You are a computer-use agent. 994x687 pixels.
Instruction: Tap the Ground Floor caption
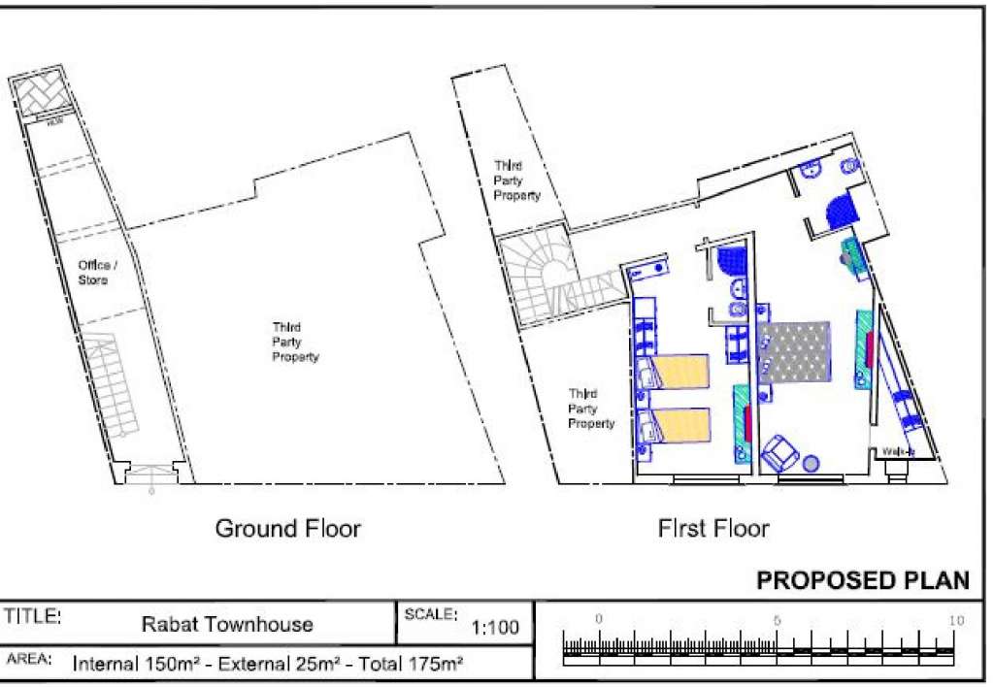(x=287, y=529)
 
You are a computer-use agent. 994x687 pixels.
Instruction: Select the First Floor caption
(x=713, y=529)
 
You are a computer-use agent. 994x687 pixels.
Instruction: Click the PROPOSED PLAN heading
(x=862, y=581)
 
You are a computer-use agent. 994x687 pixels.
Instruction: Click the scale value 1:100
(x=495, y=628)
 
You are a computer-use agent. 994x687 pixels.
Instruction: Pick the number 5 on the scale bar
(x=778, y=619)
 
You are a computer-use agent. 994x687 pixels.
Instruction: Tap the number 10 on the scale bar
(x=955, y=619)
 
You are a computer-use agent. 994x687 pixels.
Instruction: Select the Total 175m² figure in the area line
(x=411, y=665)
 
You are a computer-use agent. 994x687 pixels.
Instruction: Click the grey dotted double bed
(x=795, y=351)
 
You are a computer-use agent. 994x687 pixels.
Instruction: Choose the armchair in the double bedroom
(x=780, y=454)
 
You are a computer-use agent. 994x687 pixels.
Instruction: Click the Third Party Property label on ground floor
(x=295, y=343)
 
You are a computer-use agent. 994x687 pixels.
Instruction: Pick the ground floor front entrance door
(x=151, y=474)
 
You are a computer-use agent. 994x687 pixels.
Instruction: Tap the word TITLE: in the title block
(x=33, y=616)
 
